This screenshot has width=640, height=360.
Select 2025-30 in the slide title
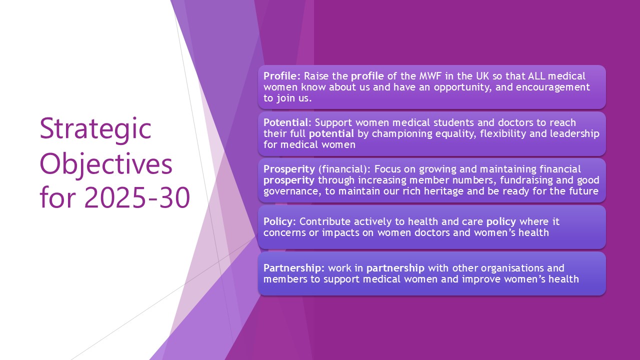coord(137,197)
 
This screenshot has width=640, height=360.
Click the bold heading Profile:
coord(282,76)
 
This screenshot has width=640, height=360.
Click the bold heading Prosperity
coord(289,169)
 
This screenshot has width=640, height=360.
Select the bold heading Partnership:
coord(294,268)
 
